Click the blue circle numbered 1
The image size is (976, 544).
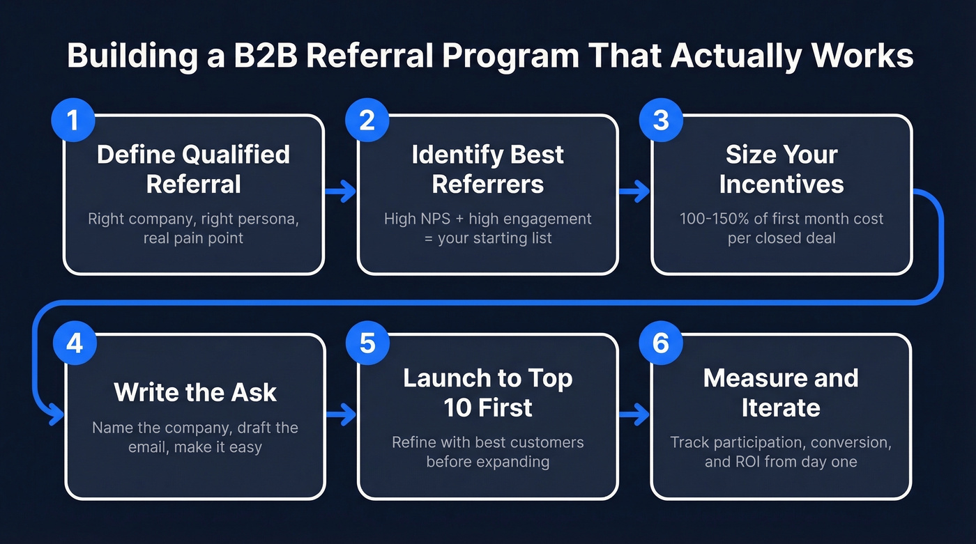73,120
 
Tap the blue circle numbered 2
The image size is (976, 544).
367,120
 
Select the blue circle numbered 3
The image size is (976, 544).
661,120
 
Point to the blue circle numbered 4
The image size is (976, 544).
73,343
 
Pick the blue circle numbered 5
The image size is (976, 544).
367,343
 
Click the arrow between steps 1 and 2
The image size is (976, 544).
341,193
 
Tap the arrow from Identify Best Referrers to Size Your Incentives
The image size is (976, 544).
634,193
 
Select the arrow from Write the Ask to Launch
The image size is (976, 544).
341,416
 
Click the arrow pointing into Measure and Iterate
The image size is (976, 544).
634,416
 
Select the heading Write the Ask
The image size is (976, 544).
195,392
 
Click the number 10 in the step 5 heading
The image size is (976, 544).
458,407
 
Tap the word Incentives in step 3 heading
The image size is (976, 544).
781,184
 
